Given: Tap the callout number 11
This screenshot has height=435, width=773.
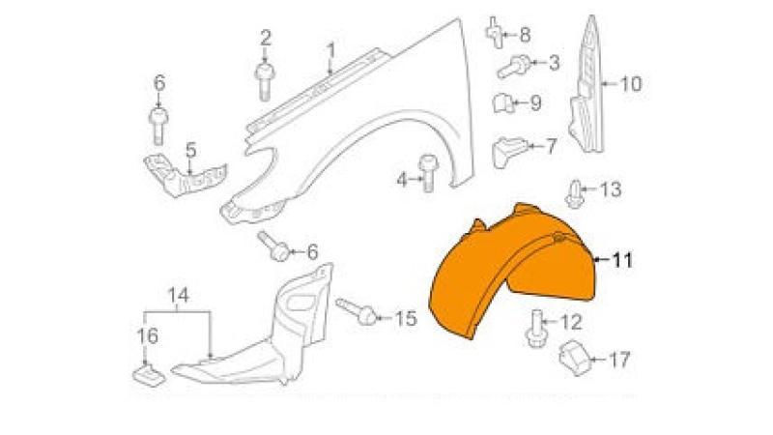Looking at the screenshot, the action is coord(622,260).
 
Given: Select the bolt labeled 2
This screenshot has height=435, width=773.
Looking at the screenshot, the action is coord(264,82).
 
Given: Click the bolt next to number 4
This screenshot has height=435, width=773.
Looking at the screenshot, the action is coord(428,173).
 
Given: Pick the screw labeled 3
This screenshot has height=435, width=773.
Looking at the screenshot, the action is coord(514,67).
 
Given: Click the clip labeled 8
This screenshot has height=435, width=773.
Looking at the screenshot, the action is coord(496,33).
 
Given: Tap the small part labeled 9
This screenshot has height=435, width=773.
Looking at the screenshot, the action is coord(503,102).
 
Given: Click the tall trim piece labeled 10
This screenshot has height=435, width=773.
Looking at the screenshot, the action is coord(587,86).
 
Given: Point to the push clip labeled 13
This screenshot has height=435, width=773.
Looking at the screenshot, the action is coord(575,194).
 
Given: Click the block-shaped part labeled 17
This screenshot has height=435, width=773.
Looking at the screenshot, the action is coord(575,358).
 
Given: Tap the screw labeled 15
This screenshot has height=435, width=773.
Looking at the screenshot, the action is coord(357,311).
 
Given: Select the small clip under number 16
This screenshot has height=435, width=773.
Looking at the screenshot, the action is coord(149,374).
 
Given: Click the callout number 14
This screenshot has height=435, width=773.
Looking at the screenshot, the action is coord(178,296).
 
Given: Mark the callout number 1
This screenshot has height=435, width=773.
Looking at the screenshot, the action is coord(330,51).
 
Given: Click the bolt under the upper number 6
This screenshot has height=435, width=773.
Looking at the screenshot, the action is coord(158,126).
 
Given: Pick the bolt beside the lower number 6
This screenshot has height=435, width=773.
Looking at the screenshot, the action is coord(274,246).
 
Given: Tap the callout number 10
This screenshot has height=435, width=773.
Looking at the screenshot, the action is coord(631,84).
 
